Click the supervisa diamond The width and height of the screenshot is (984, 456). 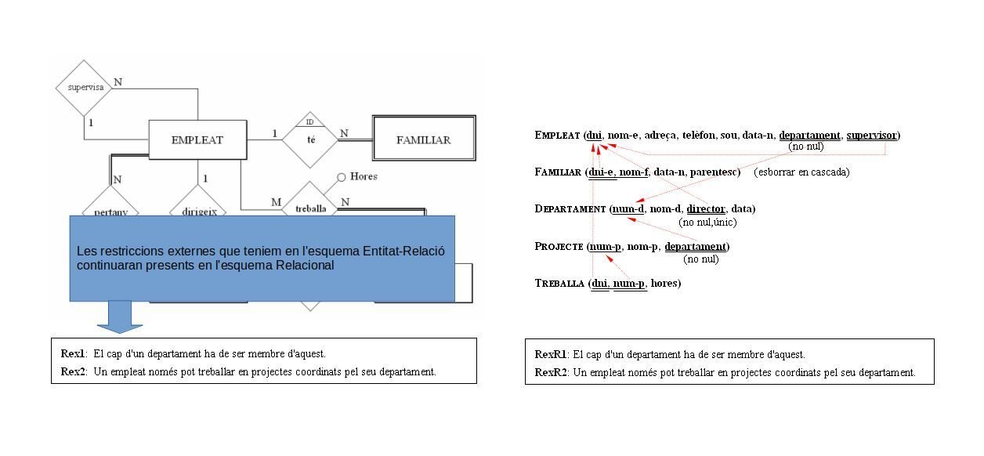tap(85, 87)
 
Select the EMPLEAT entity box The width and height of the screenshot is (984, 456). tap(197, 140)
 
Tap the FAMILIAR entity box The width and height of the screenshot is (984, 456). tap(423, 140)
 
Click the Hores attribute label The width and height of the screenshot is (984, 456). tap(364, 176)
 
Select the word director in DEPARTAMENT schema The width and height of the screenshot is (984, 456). tap(706, 208)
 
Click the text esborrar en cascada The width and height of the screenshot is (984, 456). tap(802, 172)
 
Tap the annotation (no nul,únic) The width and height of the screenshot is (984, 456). tap(707, 223)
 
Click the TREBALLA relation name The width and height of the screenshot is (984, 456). tap(559, 283)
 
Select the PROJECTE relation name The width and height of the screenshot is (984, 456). tap(558, 246)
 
